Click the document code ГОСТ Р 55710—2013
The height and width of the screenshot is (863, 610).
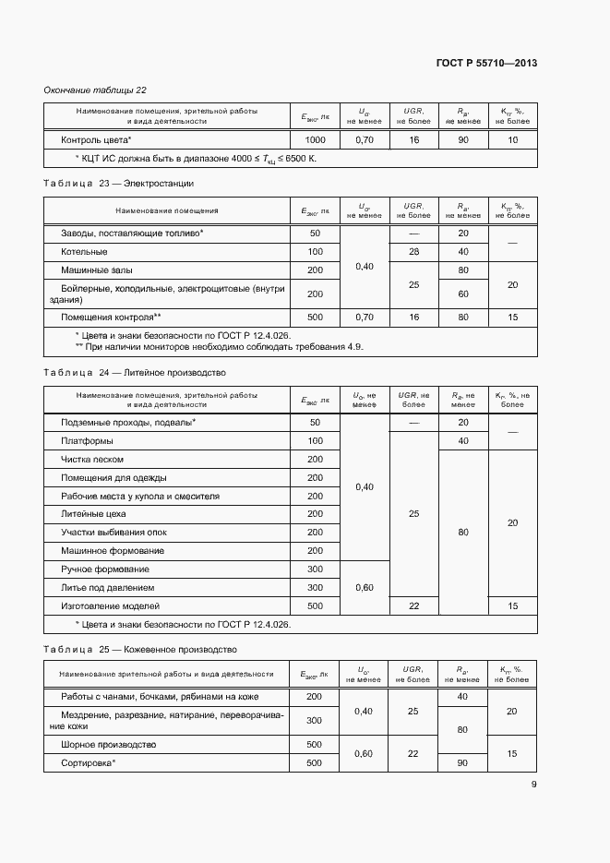pos(486,63)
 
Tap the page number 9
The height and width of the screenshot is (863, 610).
pos(533,785)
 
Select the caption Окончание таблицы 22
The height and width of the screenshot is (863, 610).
pos(95,90)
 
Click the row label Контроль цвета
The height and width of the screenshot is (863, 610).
pos(96,140)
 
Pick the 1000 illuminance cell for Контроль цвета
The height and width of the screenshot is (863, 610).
pos(315,140)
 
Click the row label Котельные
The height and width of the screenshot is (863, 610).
pos(84,252)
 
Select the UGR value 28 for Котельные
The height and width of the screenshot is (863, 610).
pos(413,252)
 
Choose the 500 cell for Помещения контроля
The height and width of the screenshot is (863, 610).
pos(315,317)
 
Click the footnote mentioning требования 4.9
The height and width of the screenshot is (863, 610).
pos(219,346)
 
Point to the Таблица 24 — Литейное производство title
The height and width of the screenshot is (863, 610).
pos(134,372)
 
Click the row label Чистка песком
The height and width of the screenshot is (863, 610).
pos(92,460)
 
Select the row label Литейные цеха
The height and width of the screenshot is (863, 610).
pos(93,514)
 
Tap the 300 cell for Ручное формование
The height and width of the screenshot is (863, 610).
pos(315,569)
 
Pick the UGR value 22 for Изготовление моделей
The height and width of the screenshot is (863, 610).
pos(413,606)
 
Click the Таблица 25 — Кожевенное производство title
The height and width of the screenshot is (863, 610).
pos(140,649)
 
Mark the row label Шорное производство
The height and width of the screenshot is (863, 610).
pos(108,744)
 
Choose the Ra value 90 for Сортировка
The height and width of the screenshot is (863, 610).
pos(462,763)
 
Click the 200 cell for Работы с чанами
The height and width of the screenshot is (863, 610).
pos(314,697)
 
